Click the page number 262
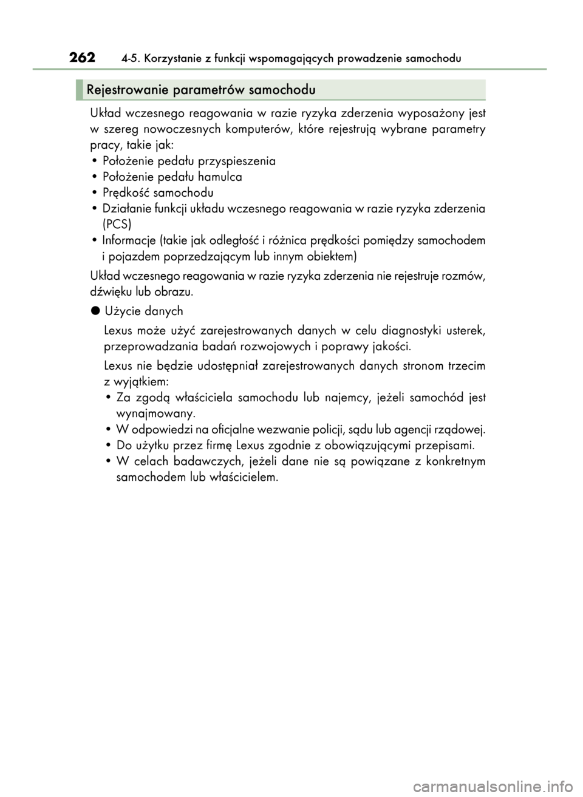[x=83, y=58]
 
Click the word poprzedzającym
[x=194, y=256]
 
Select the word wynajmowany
[x=155, y=413]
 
